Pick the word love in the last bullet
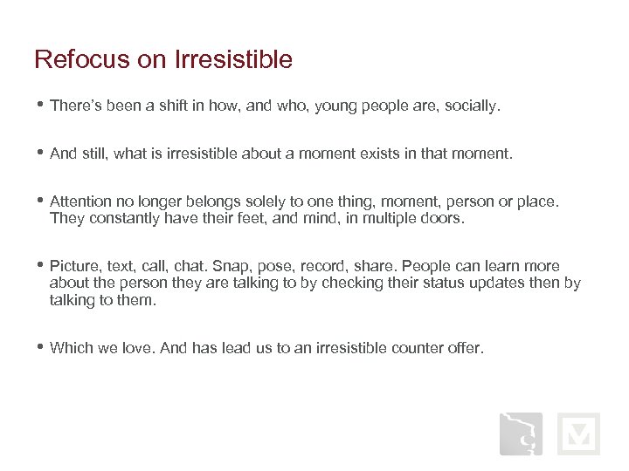point(141,348)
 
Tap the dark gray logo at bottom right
point(521,434)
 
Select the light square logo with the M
point(578,434)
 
